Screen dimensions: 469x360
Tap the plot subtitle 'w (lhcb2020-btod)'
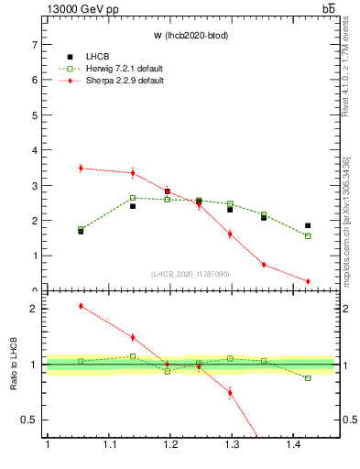pos(190,37)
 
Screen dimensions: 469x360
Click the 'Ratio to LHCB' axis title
pos(12,365)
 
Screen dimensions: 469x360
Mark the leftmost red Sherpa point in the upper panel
pos(81,169)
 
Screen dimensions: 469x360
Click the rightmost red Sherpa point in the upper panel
pos(308,281)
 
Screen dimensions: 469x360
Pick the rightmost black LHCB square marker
pos(308,225)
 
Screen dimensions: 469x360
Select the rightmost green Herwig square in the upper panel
pos(308,236)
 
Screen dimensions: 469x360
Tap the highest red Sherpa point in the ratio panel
pos(81,306)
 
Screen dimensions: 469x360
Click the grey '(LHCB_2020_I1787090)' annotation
pos(190,274)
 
